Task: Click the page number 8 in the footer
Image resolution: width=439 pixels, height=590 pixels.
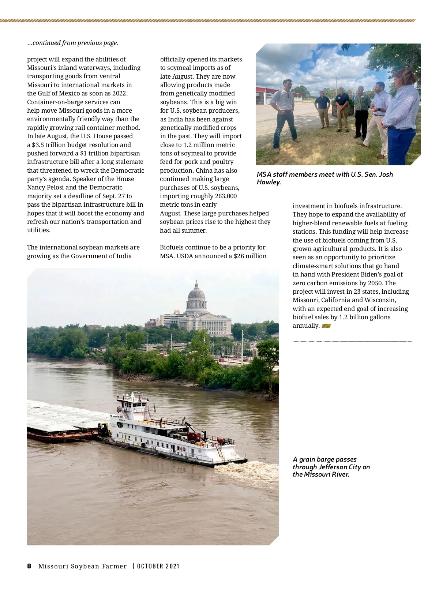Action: click(29, 566)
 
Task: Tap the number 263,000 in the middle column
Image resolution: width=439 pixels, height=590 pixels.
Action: click(225, 196)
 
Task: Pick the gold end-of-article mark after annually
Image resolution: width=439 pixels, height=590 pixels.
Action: click(326, 326)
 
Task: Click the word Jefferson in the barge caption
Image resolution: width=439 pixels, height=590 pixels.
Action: click(336, 467)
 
